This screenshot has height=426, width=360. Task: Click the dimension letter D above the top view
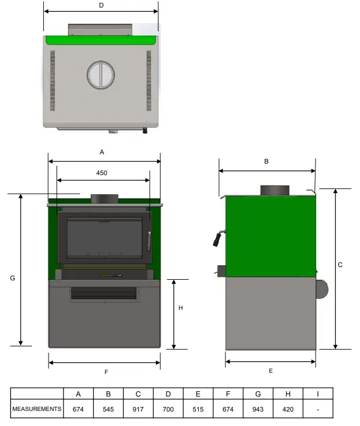point(101,5)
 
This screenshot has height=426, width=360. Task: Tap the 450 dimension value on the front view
point(102,173)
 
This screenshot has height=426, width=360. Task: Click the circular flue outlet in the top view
point(101,74)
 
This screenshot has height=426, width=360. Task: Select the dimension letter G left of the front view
point(12,278)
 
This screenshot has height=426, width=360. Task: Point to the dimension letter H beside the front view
point(180,308)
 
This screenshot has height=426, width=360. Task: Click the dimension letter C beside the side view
point(340,265)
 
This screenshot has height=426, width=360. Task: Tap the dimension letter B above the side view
point(266,162)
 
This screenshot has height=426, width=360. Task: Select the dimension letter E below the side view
point(270,371)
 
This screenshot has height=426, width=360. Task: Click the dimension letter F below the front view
point(106,372)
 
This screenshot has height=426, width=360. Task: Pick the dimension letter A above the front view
point(102,152)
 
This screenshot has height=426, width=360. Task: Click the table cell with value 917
point(138,409)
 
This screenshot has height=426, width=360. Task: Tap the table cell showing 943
point(258,409)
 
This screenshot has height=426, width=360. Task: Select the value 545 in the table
point(108,409)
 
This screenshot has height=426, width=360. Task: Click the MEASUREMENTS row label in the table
point(36,409)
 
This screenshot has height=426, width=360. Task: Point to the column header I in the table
point(317,394)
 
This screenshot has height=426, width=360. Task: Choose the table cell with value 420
point(288,409)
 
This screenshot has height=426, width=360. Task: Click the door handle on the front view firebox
point(149,241)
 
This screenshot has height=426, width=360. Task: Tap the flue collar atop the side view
point(274,190)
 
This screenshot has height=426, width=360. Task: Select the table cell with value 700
point(168,409)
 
